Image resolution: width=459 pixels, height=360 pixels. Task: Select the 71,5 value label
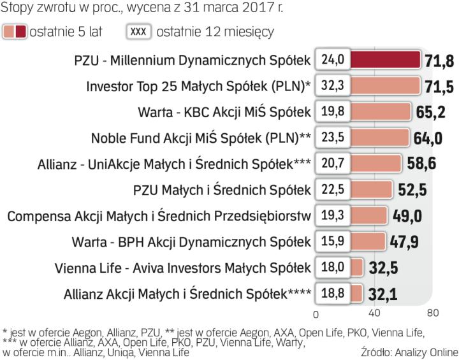point(439,86)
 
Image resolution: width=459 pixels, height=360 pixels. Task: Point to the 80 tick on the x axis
point(433,313)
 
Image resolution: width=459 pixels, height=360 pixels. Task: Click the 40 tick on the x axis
point(374,313)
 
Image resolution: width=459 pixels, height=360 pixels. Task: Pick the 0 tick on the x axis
point(316,314)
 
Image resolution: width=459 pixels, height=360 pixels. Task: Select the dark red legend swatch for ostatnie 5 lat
point(21,31)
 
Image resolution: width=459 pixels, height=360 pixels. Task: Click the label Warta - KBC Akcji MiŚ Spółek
point(224,112)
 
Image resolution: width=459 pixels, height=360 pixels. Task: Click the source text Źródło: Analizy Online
point(409,351)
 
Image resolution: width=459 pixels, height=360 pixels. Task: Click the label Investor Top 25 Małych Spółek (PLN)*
point(198,86)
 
